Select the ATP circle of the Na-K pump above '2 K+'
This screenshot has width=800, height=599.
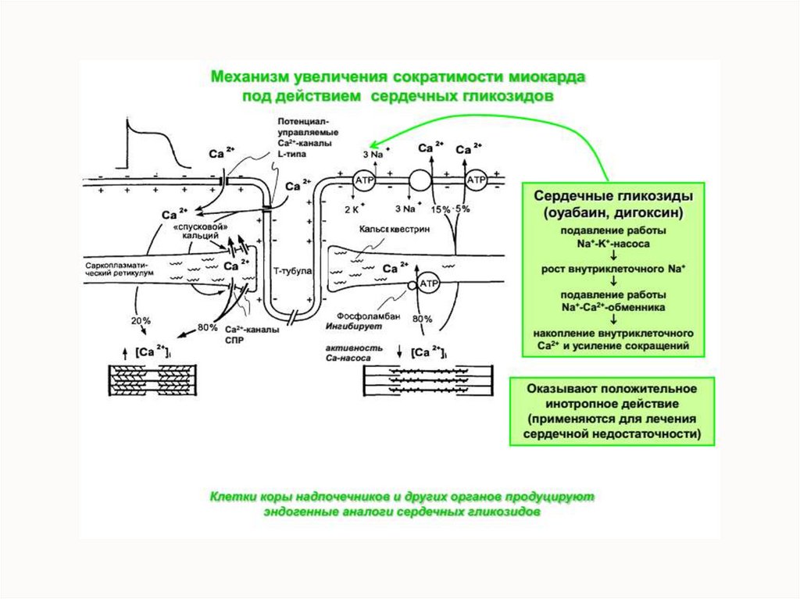click(365, 180)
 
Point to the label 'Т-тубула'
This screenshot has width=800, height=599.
click(293, 270)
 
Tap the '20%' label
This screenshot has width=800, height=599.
click(141, 320)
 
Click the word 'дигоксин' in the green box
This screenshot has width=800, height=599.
click(647, 212)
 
